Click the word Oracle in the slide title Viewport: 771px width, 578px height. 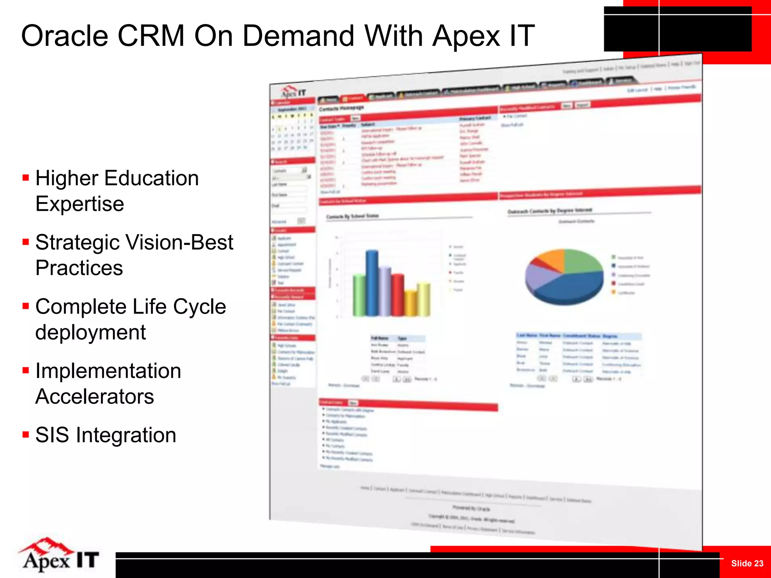64,36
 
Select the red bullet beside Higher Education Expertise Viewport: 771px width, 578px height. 26,178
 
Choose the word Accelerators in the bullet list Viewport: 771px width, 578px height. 94,397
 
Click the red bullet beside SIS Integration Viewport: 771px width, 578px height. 26,435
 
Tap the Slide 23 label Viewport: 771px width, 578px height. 747,563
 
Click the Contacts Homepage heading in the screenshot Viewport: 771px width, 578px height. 341,108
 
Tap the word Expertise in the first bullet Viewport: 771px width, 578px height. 79,204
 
